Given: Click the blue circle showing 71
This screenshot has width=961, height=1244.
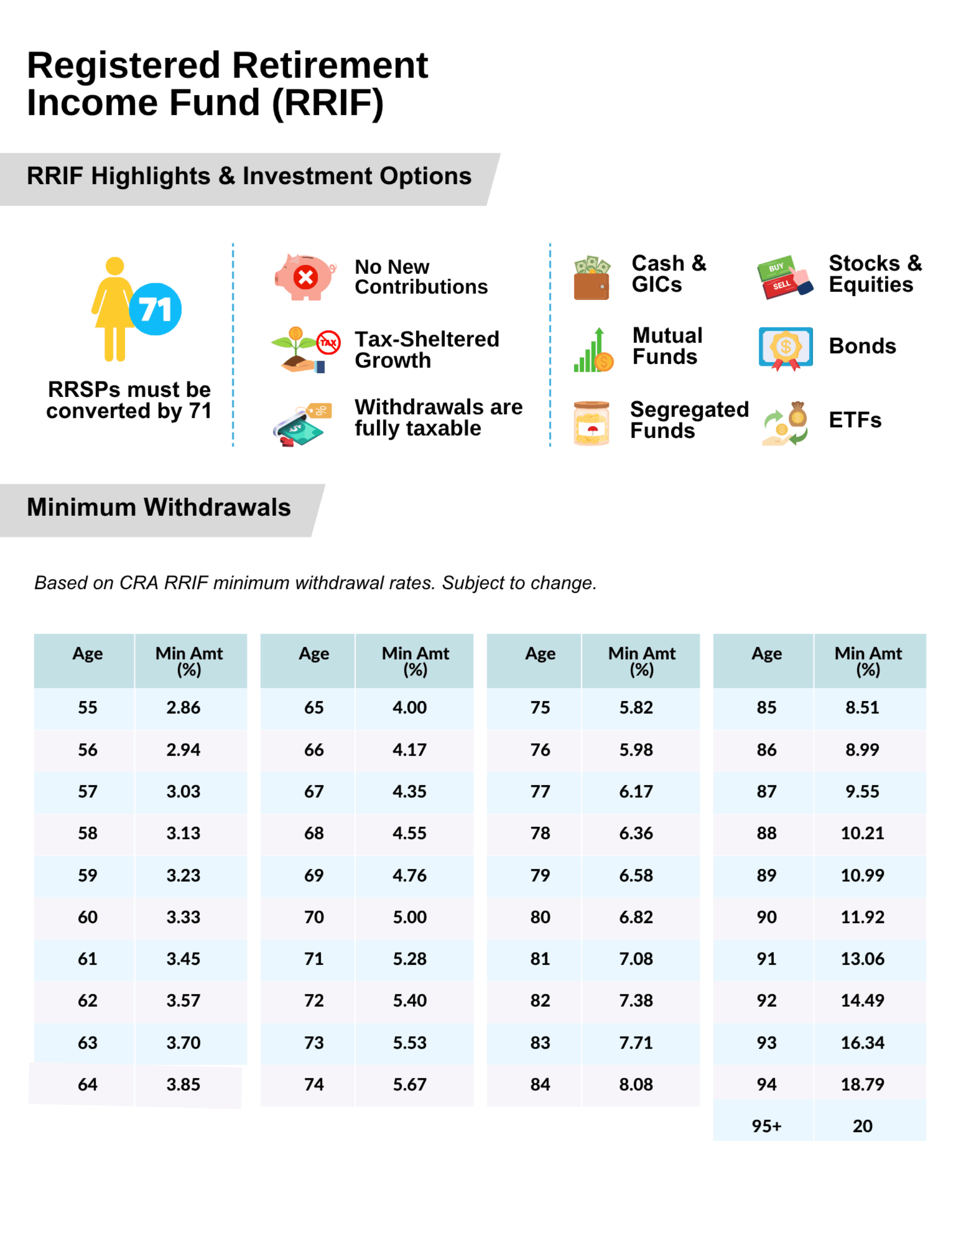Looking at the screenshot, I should (155, 309).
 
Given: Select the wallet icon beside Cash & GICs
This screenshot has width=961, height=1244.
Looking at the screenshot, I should (591, 279).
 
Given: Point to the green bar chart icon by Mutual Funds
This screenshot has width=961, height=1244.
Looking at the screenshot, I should (593, 350).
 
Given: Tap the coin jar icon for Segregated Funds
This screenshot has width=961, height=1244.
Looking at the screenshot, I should (591, 422).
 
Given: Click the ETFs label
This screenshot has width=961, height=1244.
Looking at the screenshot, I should (854, 420).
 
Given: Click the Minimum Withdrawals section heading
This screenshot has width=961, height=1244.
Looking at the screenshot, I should (159, 508).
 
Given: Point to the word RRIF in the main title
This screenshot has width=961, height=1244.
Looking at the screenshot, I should (328, 103).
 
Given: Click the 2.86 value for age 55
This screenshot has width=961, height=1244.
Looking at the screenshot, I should (184, 708).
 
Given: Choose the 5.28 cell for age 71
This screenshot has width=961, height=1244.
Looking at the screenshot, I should (410, 959).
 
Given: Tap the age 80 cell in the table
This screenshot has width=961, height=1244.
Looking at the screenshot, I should (540, 917).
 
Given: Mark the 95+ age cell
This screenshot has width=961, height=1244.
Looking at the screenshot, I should (766, 1126).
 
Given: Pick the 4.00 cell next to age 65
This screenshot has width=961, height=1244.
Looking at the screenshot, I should (410, 708).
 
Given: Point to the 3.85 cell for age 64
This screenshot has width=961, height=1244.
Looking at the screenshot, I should (184, 1085).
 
